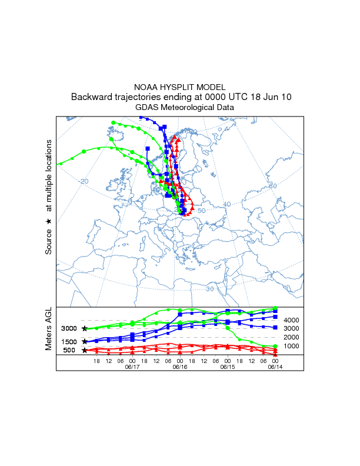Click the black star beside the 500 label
click(x=85, y=351)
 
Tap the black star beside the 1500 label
click(x=85, y=341)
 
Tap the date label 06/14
click(x=276, y=367)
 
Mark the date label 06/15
click(x=228, y=367)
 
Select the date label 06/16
click(x=180, y=367)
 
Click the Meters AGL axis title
click(x=49, y=329)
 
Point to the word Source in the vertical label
click(x=49, y=241)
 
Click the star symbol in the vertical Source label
click(x=49, y=221)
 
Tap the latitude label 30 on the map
click(x=210, y=289)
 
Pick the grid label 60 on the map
click(x=272, y=186)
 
